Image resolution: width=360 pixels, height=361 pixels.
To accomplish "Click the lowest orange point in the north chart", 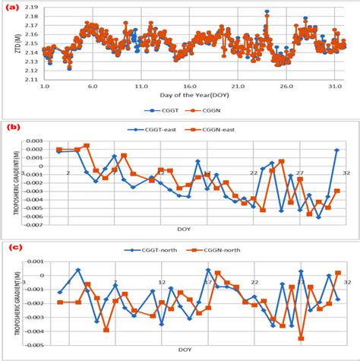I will [301, 337].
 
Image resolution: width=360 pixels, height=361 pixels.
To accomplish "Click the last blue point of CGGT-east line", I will [336, 150].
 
